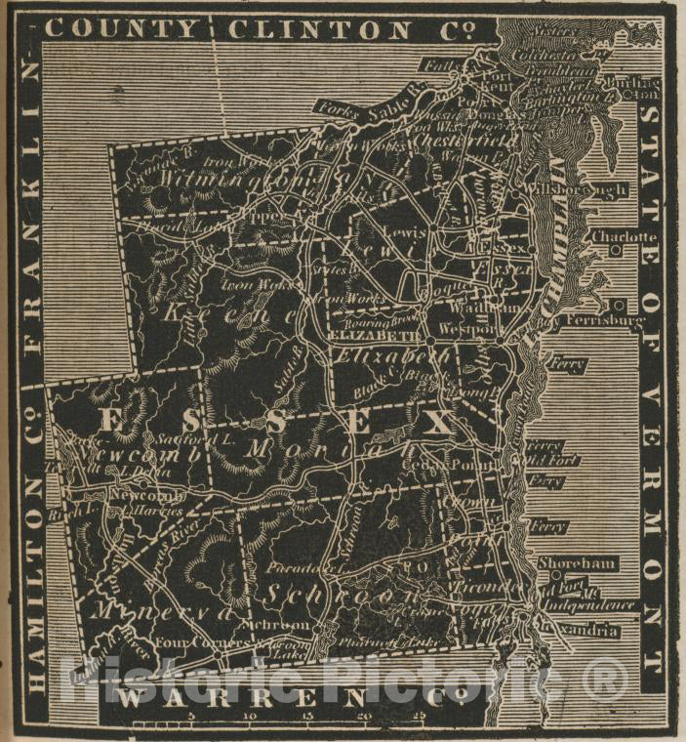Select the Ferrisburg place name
pyautogui.click(x=606, y=319)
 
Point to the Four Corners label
pyautogui.click(x=192, y=643)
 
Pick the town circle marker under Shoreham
pyautogui.click(x=554, y=575)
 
